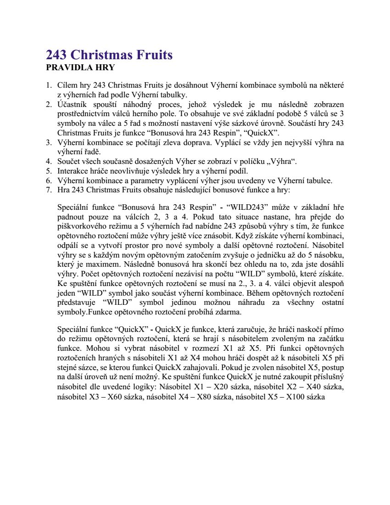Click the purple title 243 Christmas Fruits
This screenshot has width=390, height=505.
[109, 55]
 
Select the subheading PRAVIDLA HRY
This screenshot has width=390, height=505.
[80, 68]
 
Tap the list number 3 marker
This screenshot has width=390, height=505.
[48, 143]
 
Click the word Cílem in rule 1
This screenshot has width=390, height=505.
[67, 85]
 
